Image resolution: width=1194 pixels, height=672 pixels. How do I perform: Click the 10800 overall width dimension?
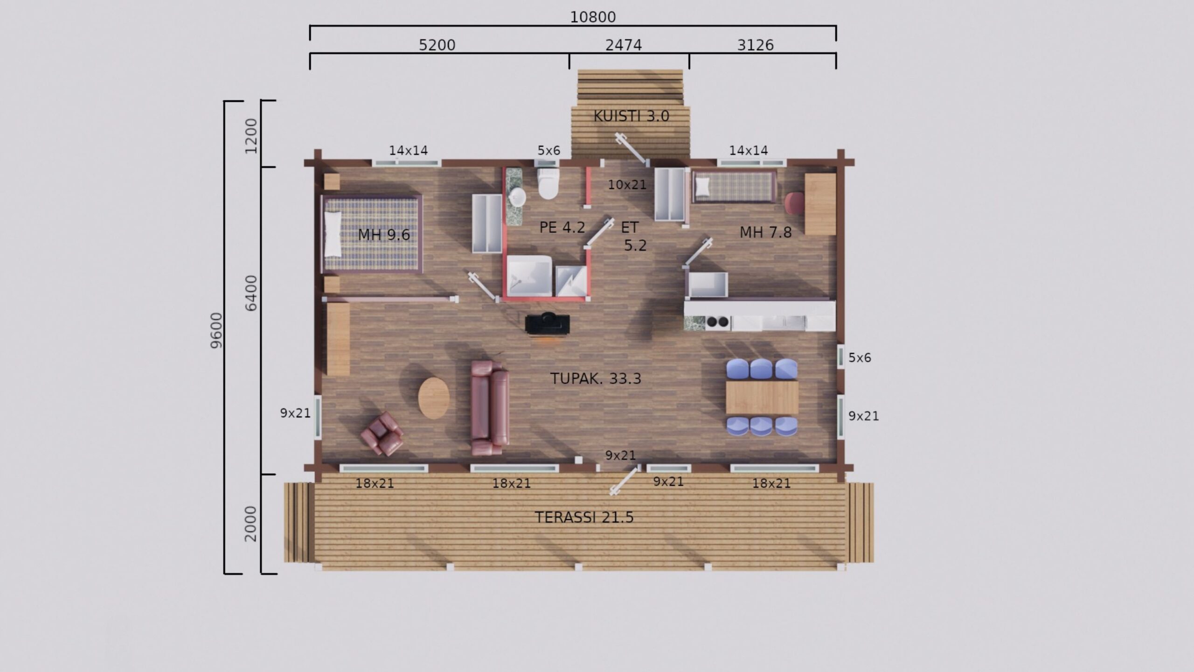tap(593, 17)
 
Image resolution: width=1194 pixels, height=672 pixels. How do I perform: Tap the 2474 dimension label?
tap(624, 45)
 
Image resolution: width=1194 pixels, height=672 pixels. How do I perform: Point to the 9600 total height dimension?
tap(217, 330)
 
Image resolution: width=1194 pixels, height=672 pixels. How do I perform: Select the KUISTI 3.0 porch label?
tap(631, 116)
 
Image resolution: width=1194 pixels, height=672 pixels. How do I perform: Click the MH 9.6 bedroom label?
tap(384, 234)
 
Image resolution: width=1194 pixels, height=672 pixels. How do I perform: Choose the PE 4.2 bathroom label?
tap(562, 227)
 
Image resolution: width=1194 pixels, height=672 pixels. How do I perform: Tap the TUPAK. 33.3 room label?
tap(596, 378)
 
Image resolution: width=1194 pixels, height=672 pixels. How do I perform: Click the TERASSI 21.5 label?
tap(584, 517)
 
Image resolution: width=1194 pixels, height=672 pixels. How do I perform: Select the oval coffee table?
tap(434, 398)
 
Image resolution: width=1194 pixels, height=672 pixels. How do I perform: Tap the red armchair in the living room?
tap(382, 434)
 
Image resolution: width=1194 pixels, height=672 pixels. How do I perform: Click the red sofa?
tap(490, 407)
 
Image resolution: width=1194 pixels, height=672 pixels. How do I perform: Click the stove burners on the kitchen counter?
tap(718, 322)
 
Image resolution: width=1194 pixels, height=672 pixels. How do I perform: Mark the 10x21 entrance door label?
tap(627, 185)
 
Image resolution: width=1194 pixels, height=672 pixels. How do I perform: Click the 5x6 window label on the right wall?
tap(860, 358)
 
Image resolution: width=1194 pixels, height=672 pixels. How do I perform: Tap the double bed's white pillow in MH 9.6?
tap(333, 234)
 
